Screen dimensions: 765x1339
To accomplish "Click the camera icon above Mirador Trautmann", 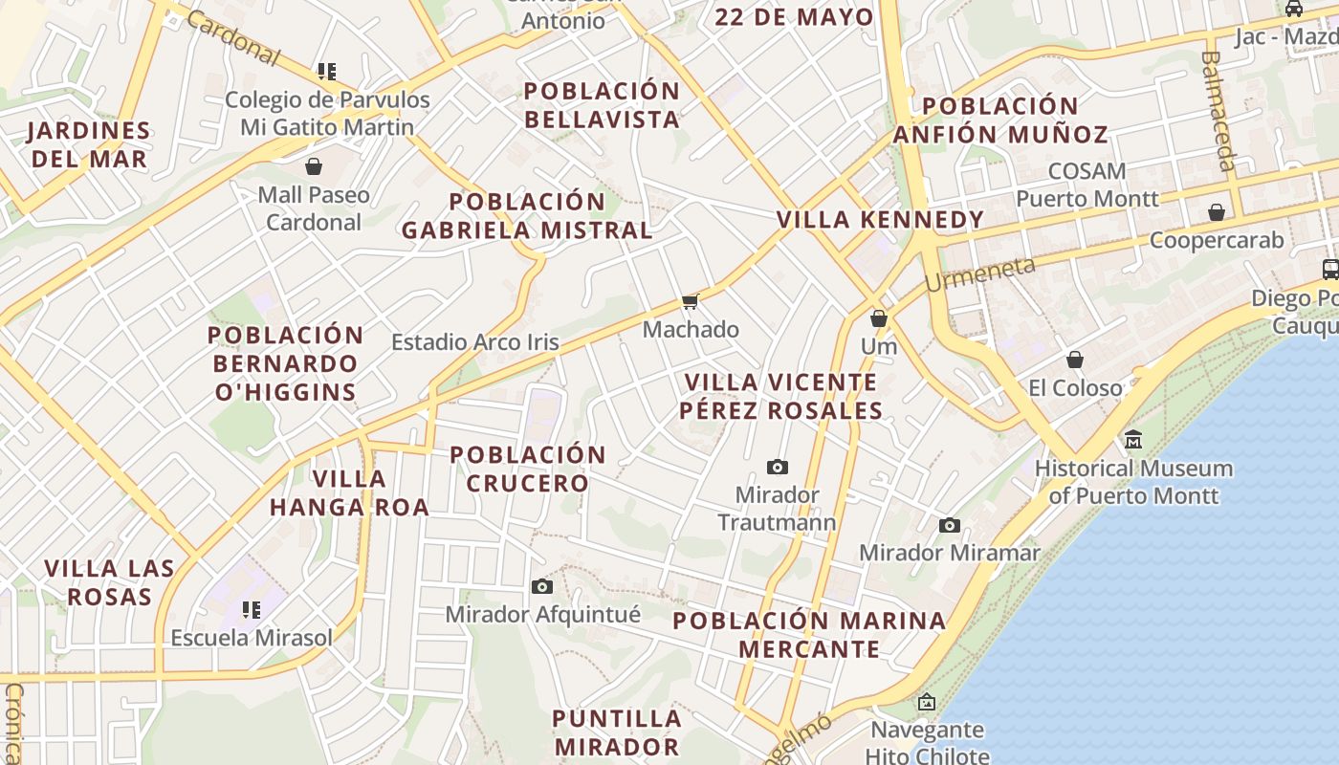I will pyautogui.click(x=778, y=468).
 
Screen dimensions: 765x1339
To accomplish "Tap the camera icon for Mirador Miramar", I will pyautogui.click(x=950, y=525).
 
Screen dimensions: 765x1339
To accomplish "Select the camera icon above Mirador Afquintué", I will pyautogui.click(x=542, y=586).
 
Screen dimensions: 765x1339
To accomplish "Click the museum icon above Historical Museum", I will pyautogui.click(x=1133, y=440).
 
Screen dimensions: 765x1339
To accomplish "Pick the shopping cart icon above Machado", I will pyautogui.click(x=690, y=302).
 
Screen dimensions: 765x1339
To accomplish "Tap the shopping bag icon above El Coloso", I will pyautogui.click(x=1075, y=360).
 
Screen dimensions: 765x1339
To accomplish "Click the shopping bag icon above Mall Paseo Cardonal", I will pyautogui.click(x=313, y=166).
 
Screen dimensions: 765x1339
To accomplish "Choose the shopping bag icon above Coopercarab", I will pyautogui.click(x=1217, y=212).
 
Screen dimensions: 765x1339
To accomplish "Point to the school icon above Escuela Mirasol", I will pyautogui.click(x=252, y=609).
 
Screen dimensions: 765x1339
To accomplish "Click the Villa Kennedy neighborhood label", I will pyautogui.click(x=880, y=220).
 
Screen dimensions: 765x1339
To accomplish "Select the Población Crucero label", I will pyautogui.click(x=527, y=469).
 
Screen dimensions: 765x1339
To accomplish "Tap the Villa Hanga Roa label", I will pyautogui.click(x=349, y=492).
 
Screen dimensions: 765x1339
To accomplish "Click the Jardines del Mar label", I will pyautogui.click(x=89, y=144).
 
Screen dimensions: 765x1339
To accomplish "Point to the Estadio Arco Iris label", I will pyautogui.click(x=475, y=342).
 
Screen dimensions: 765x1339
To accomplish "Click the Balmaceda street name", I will pyautogui.click(x=1219, y=110).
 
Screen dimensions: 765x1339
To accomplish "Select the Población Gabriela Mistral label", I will pyautogui.click(x=527, y=216).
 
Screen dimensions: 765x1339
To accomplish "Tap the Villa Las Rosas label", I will pyautogui.click(x=109, y=582).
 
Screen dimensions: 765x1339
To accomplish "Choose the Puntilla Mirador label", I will pyautogui.click(x=617, y=732).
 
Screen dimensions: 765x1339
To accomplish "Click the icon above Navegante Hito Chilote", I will pyautogui.click(x=926, y=703).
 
